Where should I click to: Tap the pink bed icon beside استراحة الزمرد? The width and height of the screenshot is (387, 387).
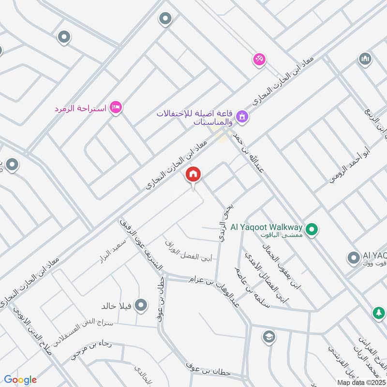[x=115, y=107]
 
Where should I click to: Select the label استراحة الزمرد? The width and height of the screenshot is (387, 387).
[x=81, y=107]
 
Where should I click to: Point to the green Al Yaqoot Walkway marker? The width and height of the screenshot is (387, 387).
[x=313, y=229]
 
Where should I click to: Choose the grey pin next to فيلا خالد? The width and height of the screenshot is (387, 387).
[x=141, y=305]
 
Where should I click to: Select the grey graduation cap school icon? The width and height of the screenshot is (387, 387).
[x=268, y=336]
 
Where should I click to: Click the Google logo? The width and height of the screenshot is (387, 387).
[x=20, y=380]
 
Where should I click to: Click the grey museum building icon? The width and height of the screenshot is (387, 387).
[x=365, y=60]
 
